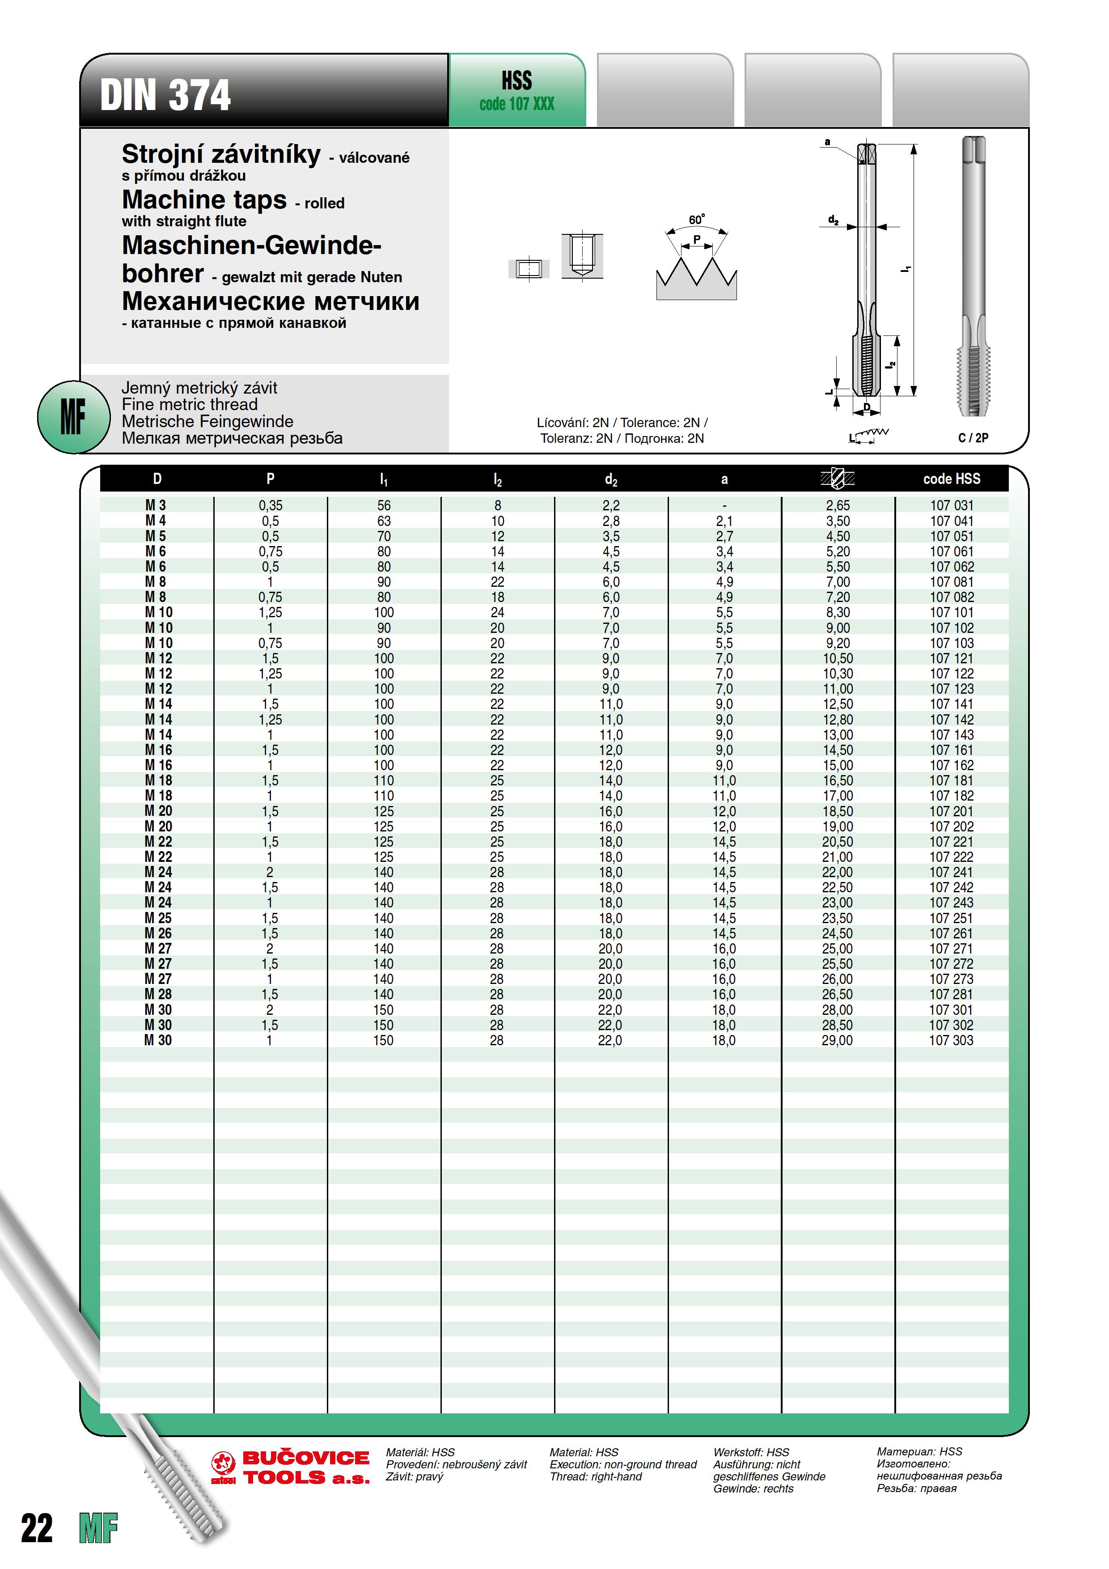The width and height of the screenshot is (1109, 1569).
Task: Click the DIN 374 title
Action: (165, 94)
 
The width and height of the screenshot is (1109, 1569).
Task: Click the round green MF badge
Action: (73, 417)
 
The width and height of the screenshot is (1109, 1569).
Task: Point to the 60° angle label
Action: (696, 219)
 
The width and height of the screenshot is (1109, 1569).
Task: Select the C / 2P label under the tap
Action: (973, 438)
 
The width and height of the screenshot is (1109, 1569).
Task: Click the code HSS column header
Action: (951, 479)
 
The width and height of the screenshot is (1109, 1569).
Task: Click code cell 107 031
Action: (951, 506)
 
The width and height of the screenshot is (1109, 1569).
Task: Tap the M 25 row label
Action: (158, 918)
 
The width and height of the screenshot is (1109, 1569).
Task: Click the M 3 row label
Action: (156, 506)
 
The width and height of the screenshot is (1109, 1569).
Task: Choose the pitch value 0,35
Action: (271, 506)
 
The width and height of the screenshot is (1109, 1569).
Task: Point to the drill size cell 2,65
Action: (838, 506)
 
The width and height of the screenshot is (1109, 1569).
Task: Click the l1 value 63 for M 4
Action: (384, 521)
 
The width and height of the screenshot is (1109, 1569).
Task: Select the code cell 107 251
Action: (951, 918)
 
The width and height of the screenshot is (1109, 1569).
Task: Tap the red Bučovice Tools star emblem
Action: (224, 1465)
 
